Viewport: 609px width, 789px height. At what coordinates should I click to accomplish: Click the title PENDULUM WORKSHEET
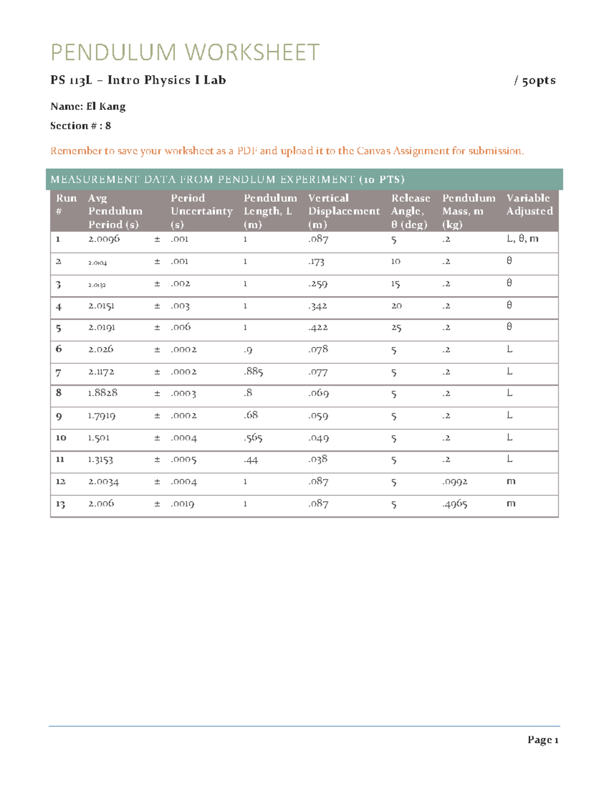[185, 53]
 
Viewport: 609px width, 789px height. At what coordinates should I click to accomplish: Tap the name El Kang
[106, 107]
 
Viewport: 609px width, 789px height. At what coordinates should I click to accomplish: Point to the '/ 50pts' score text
[535, 81]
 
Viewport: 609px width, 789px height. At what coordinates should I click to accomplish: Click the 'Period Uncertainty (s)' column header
[201, 211]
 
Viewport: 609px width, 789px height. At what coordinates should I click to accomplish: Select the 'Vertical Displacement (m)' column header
[344, 211]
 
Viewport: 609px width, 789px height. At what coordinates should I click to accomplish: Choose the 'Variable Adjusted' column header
[529, 205]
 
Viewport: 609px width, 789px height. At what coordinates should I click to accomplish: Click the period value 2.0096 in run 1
[104, 239]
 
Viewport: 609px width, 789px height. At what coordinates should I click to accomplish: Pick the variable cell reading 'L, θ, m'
[522, 238]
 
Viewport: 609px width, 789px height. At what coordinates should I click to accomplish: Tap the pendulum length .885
[253, 372]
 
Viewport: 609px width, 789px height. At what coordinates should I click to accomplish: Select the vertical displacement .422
[318, 328]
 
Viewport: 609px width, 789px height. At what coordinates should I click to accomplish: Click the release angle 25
[396, 328]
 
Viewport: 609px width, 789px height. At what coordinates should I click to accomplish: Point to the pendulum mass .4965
[455, 504]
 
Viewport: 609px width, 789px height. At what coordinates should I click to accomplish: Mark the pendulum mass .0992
[455, 482]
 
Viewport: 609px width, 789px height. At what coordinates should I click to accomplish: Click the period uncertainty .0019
[183, 504]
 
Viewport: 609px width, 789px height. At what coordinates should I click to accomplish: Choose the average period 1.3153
[100, 460]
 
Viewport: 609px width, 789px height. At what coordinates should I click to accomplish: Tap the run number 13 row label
[60, 504]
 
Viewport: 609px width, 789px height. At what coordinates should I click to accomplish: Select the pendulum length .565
[253, 438]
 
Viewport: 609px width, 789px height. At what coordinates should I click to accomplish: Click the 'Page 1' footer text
[543, 740]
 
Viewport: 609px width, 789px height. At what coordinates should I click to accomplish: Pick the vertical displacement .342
[318, 306]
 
